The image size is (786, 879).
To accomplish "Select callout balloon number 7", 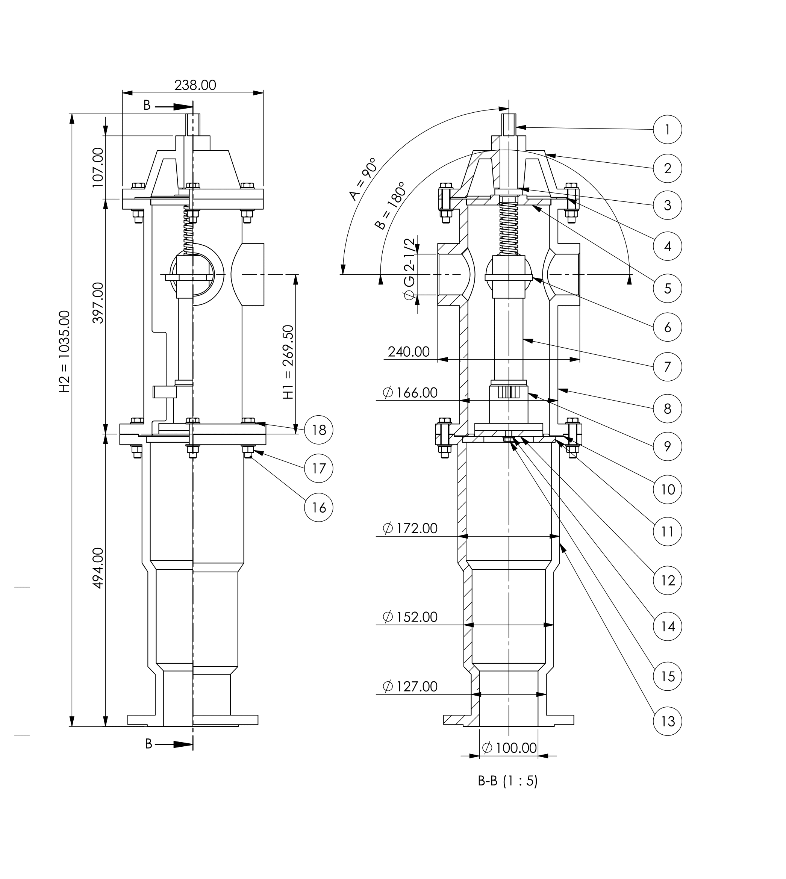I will pos(667,366).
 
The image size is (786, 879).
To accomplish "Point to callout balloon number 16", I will pos(319,507).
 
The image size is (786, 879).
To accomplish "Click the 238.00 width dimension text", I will pos(195,85).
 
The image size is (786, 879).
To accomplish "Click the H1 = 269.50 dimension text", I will pos(288,362).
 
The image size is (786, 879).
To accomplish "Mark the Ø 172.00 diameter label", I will pos(410,528).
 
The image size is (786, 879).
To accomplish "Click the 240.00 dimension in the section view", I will pos(409,352).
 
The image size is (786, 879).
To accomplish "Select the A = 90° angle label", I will pos(363,179).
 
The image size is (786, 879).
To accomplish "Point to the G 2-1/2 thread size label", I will pos(409,268).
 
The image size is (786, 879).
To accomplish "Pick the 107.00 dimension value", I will pos(98,167).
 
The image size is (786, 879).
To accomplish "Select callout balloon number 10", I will pos(667,489).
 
